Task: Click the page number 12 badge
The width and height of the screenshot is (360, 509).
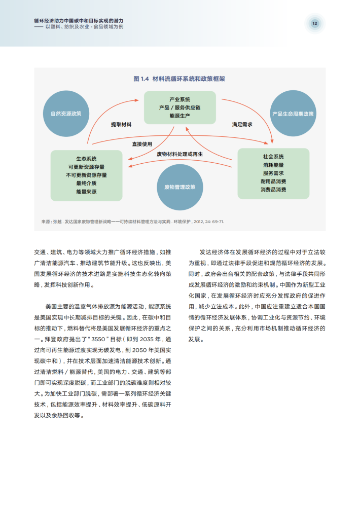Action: (x=314, y=23)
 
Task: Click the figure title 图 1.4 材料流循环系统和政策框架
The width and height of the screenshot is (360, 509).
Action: (x=179, y=79)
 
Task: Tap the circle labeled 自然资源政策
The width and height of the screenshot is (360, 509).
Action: (x=66, y=114)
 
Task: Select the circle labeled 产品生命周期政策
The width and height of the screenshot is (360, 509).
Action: (x=293, y=114)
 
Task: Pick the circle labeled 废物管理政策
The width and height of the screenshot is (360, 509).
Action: (x=180, y=187)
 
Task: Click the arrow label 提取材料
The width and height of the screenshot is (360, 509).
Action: (x=121, y=125)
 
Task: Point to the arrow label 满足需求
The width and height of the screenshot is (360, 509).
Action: (x=242, y=125)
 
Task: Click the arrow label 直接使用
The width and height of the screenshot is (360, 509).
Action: (x=142, y=144)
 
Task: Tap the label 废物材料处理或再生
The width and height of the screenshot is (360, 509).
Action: (x=180, y=154)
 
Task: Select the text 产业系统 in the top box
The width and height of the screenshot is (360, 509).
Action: (x=180, y=99)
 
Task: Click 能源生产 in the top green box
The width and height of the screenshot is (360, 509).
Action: (x=180, y=116)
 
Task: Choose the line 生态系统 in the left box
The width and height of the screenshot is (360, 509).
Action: (x=86, y=159)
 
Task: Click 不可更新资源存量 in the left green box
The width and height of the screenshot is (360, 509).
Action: (x=86, y=175)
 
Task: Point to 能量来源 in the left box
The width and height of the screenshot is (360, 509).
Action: (x=86, y=192)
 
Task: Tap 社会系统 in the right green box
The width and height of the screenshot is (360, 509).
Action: (x=273, y=157)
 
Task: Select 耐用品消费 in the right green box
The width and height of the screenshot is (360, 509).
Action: (x=273, y=181)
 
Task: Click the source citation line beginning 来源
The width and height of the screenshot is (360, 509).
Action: (x=132, y=222)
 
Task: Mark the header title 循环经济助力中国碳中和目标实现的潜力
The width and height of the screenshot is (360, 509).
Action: (x=79, y=21)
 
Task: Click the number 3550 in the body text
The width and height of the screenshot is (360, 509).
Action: (x=98, y=339)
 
